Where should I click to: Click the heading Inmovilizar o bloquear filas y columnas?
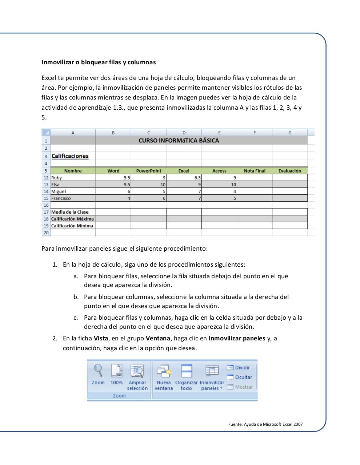pyautogui.click(x=99, y=62)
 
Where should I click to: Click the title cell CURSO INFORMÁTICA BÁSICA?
pyautogui.click(x=179, y=141)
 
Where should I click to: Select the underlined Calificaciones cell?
pyautogui.click(x=70, y=156)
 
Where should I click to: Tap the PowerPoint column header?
pyautogui.click(x=148, y=171)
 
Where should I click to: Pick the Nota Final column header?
pyautogui.click(x=255, y=171)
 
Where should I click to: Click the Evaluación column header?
pyautogui.click(x=290, y=171)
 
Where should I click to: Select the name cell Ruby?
pyautogui.click(x=57, y=178)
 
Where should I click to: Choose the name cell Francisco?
pyautogui.click(x=61, y=198)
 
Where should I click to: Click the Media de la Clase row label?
pyautogui.click(x=70, y=212)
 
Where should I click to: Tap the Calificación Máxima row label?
pyautogui.click(x=72, y=219)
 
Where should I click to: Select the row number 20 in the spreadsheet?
pyautogui.click(x=46, y=232)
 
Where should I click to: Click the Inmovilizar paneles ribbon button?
pyautogui.click(x=212, y=378)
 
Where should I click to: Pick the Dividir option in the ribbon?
pyautogui.click(x=242, y=368)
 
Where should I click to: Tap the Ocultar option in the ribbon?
pyautogui.click(x=243, y=377)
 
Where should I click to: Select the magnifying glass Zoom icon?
pyautogui.click(x=98, y=371)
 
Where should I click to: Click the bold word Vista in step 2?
pyautogui.click(x=101, y=339)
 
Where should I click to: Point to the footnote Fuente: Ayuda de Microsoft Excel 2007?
pyautogui.click(x=265, y=424)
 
